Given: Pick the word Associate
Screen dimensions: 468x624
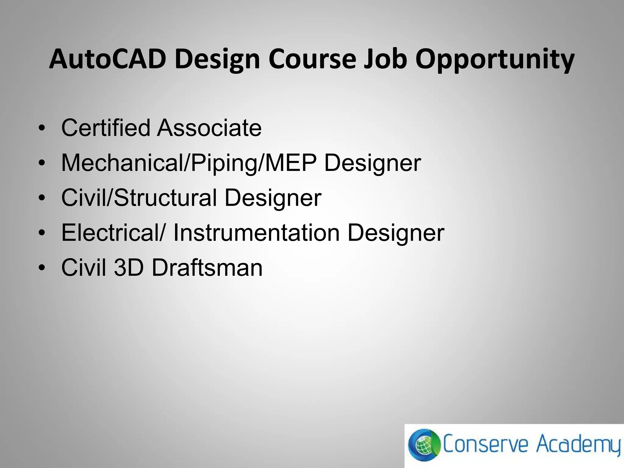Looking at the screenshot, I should [x=209, y=128].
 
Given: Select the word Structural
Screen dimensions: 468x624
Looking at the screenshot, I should [x=166, y=198].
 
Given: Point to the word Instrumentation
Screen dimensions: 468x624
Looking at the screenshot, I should [x=257, y=233].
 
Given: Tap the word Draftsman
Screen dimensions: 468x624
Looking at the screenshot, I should [x=207, y=268].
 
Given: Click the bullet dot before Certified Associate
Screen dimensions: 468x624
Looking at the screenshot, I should [x=42, y=129].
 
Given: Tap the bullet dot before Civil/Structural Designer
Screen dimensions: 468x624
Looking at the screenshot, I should [x=42, y=199].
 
